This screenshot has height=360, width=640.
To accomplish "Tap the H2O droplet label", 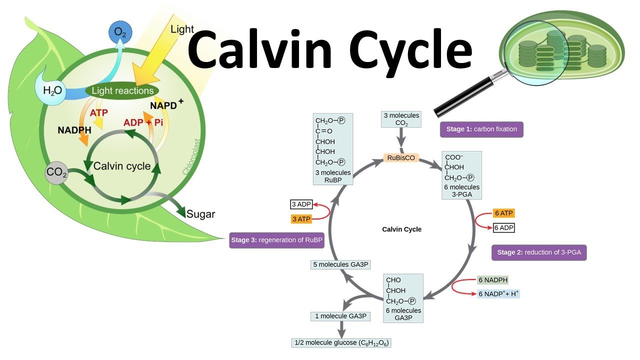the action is point(52,90).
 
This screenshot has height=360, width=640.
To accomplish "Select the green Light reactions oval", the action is point(122,91).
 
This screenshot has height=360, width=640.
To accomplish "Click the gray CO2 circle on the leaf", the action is point(56,172).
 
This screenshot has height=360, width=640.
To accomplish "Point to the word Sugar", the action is point(200,214).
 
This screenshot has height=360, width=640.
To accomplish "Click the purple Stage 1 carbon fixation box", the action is point(481,129).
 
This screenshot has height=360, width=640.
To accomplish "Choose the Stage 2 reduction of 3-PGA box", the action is point(539,252).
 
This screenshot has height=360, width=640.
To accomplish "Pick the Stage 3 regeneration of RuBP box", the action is point(276,240).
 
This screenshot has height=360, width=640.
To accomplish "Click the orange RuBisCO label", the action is point(401,157).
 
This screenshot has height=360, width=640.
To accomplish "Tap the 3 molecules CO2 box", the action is point(401,119).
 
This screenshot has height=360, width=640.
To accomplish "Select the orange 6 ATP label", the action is point(503,213).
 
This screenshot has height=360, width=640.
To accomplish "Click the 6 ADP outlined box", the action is point(503,227).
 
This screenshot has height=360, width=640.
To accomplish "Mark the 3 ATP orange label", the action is point(301,219).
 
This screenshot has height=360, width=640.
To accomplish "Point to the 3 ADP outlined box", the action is point(301,204).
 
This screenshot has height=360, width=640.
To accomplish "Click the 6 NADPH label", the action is point(493,280).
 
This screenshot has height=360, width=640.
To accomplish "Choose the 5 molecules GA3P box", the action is point(340,264).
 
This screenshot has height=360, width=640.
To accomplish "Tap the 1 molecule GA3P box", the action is point(340,316).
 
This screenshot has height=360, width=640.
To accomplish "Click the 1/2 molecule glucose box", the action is point(341,343).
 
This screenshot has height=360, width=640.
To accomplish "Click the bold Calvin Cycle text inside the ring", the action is point(401,229).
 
